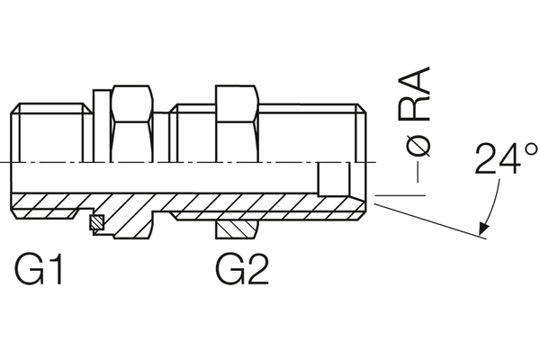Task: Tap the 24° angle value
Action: coord(506,159)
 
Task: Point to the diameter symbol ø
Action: coord(418,142)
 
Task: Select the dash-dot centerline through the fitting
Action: coord(180,163)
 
